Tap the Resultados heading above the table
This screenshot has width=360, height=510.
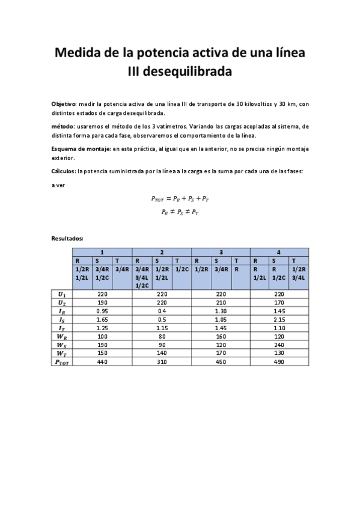pos(67,239)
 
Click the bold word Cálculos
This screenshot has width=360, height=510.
pos(63,171)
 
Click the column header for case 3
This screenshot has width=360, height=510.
pos(221,252)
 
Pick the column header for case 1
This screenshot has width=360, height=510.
pos(103,252)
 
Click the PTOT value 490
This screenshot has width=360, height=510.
pos(279,363)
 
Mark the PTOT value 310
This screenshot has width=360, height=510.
pos(162,363)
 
